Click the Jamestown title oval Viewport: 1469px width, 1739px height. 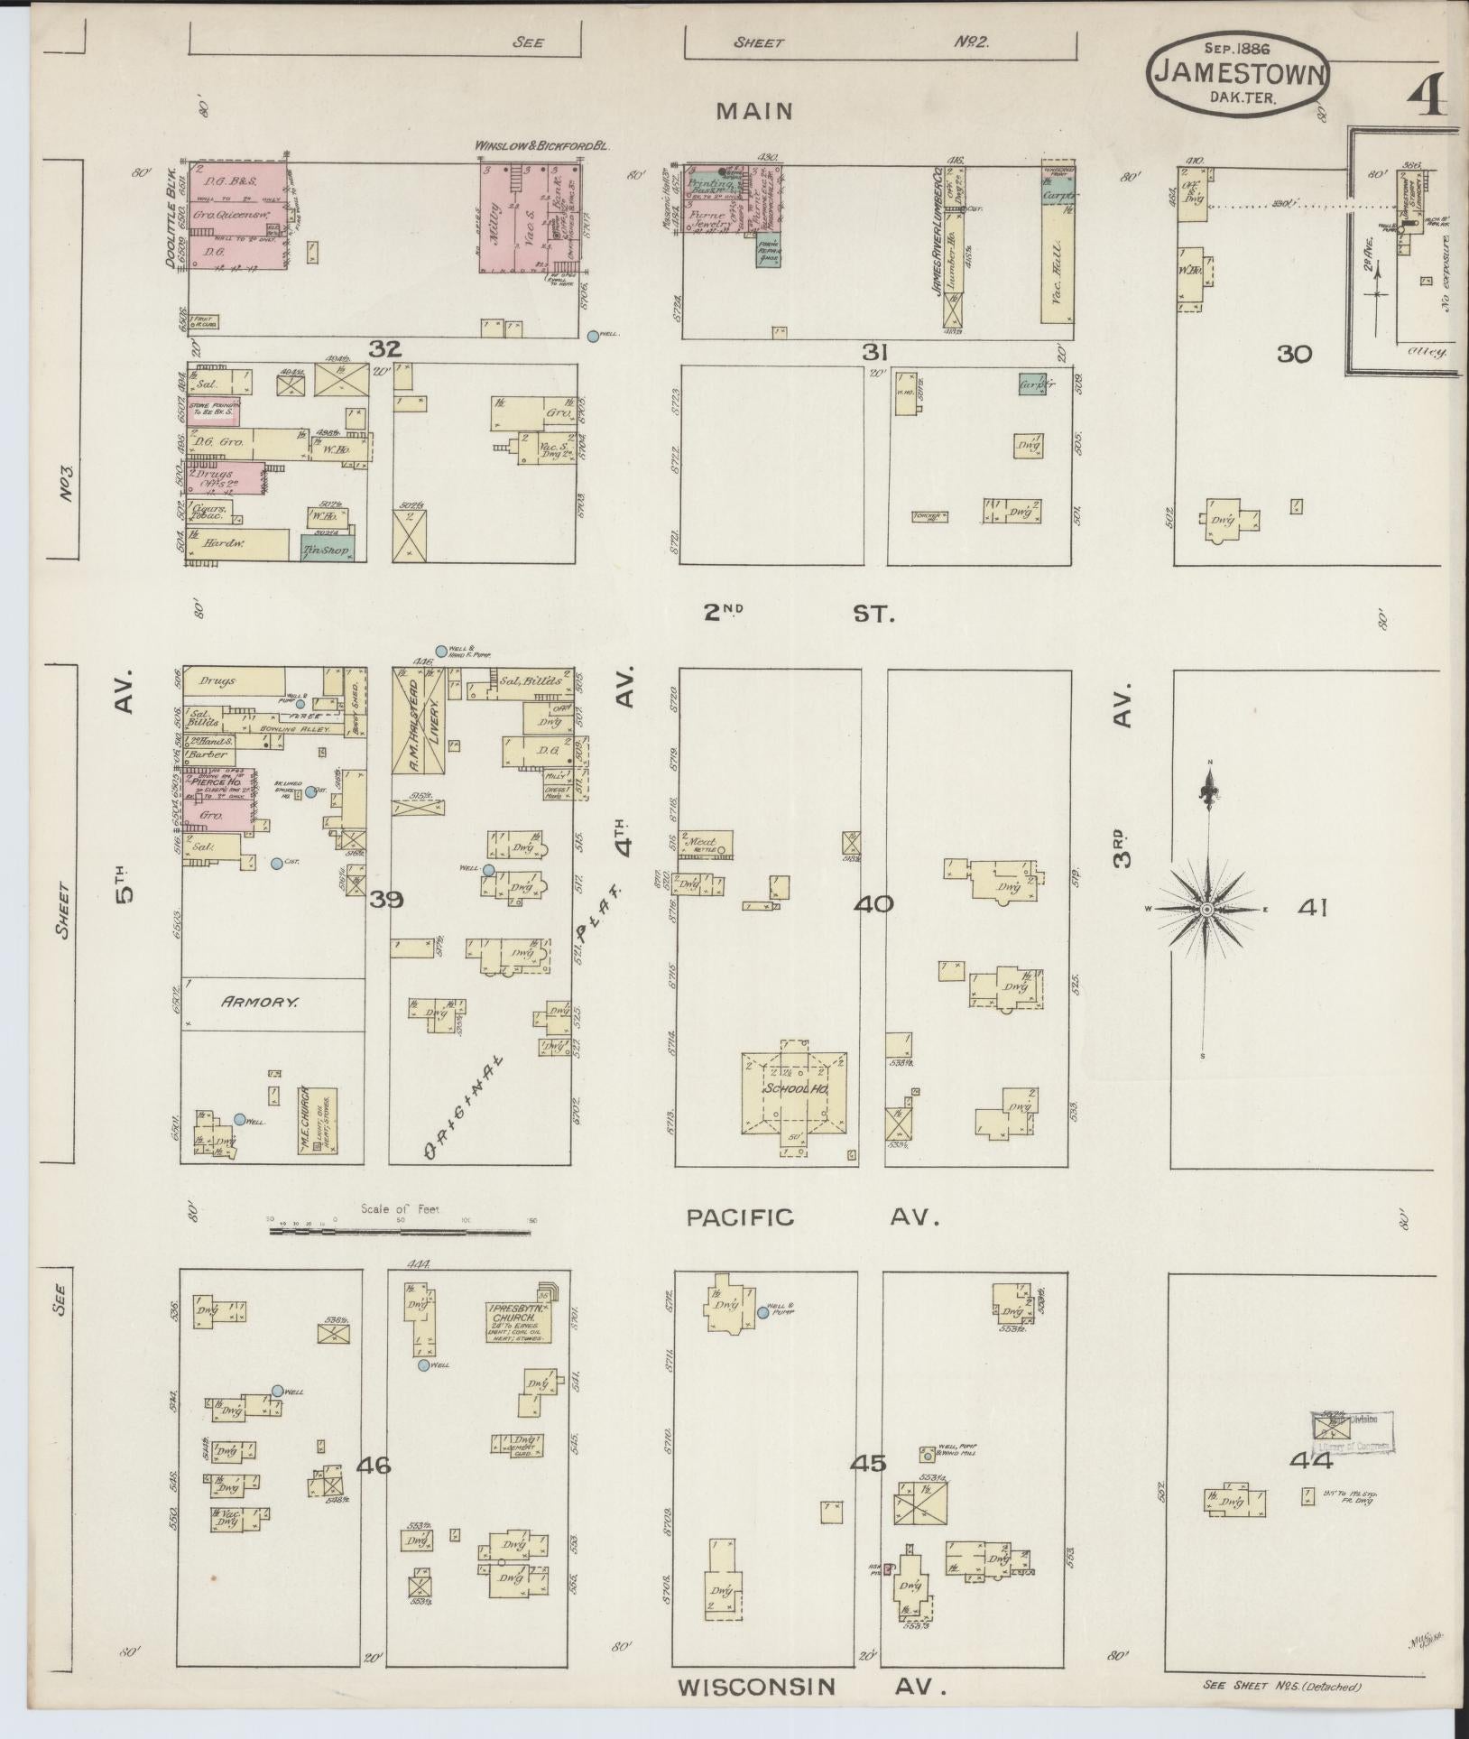[1238, 76]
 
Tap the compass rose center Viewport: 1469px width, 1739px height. [1206, 909]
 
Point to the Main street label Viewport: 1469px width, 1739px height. [754, 111]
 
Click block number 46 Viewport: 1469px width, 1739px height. [374, 1465]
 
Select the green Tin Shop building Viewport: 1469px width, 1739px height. [328, 546]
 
